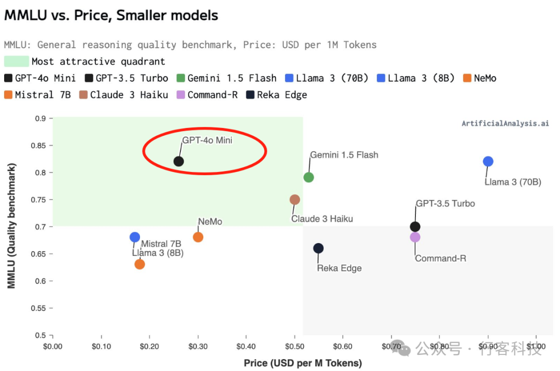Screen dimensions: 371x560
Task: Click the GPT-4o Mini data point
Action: point(178,161)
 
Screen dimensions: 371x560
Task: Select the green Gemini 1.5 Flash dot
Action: point(309,177)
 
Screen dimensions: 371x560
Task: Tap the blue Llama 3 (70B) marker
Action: point(488,161)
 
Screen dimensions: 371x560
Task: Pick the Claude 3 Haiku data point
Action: point(295,199)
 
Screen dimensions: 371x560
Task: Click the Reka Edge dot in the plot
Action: point(318,248)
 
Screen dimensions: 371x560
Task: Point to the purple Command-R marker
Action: point(415,237)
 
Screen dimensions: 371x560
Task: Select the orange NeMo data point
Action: point(198,237)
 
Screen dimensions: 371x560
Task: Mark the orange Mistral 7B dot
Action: point(139,264)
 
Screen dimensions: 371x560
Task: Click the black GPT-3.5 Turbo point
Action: point(415,226)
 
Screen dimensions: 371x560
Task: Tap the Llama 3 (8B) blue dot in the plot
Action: point(135,237)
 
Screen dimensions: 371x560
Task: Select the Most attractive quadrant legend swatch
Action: point(16,61)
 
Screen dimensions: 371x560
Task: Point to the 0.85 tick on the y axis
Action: point(39,146)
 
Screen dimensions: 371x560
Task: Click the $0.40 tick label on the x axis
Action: point(246,346)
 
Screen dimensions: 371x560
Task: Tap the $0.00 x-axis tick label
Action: point(52,346)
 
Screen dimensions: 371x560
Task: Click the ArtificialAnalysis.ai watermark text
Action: point(505,123)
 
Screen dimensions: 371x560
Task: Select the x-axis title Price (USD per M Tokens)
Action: point(303,363)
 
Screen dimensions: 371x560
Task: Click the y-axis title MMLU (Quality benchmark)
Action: point(11,225)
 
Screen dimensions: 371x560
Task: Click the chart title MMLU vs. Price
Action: point(111,15)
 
